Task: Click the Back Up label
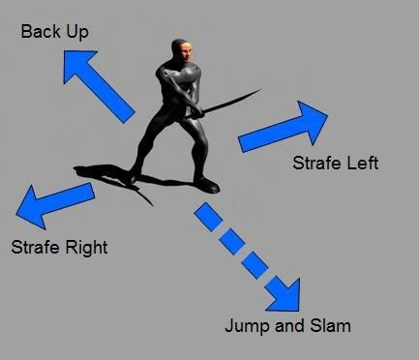point(55,33)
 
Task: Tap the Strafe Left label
point(335,163)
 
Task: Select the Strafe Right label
point(59,247)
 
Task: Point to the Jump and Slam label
point(286,325)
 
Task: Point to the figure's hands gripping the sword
point(194,109)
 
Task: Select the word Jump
point(244,326)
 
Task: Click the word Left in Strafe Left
point(362,163)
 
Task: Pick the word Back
point(41,33)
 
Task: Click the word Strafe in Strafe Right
point(35,247)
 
